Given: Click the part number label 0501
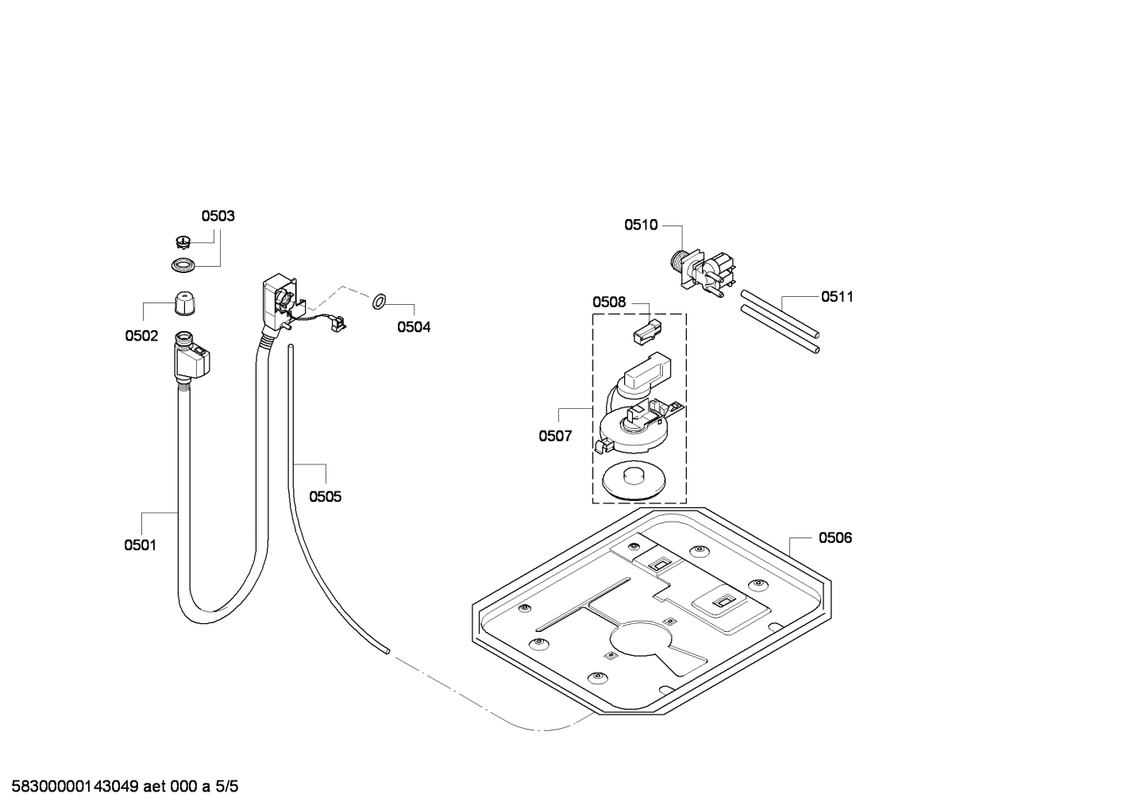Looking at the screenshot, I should pyautogui.click(x=140, y=545).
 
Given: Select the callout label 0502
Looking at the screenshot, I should pyautogui.click(x=141, y=336).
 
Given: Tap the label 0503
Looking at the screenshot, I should pyautogui.click(x=218, y=216).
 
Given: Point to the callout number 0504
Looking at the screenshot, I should pyautogui.click(x=414, y=326).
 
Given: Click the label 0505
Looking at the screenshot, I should pyautogui.click(x=325, y=496).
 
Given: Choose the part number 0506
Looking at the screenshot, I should pyautogui.click(x=835, y=537).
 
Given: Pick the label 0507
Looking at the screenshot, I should pyautogui.click(x=555, y=436).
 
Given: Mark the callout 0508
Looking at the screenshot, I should pyautogui.click(x=609, y=302).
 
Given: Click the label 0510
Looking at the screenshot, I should pyautogui.click(x=641, y=225).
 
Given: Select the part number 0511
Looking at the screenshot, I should pyautogui.click(x=837, y=296).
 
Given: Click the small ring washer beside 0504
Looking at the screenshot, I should pyautogui.click(x=379, y=301).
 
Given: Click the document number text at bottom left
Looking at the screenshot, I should pyautogui.click(x=119, y=787).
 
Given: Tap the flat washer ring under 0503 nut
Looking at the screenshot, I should pyautogui.click(x=183, y=264).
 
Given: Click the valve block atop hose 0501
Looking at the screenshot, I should pyautogui.click(x=192, y=360).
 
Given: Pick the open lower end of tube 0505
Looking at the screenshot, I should pyautogui.click(x=387, y=651).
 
